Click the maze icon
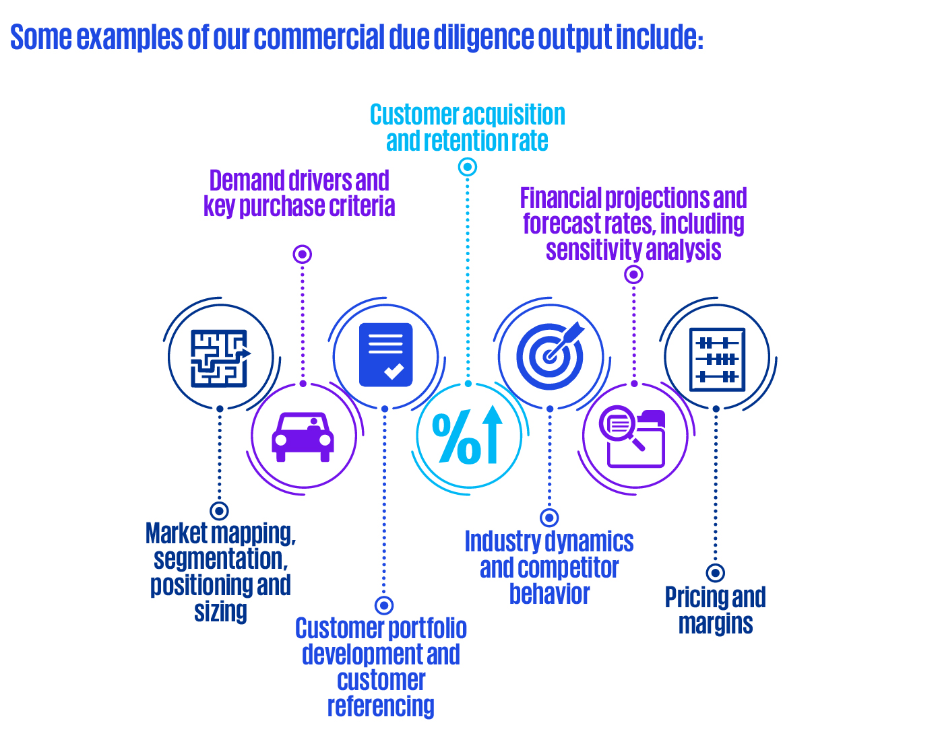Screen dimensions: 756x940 point(220,358)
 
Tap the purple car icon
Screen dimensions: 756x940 point(303,437)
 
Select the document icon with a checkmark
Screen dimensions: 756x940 point(385,355)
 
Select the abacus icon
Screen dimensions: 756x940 point(717,359)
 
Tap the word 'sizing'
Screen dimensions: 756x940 point(220,611)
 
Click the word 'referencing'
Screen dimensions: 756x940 point(381,706)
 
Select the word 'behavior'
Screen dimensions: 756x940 point(549,594)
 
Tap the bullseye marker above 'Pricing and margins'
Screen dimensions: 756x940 point(716,573)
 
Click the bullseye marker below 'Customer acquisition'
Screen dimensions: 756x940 point(468,167)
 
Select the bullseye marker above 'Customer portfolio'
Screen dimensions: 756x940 point(384,605)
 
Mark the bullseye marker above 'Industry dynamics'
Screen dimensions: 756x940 point(550,517)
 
